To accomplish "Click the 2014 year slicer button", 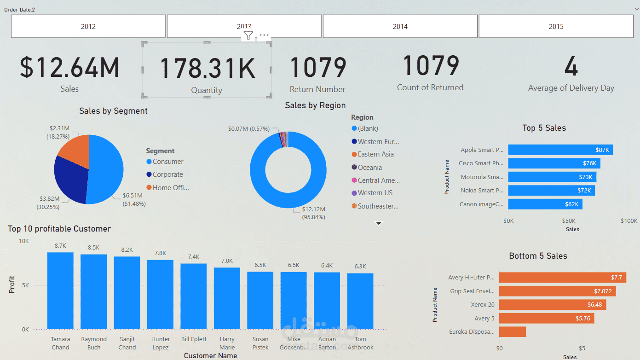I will pyautogui.click(x=400, y=27).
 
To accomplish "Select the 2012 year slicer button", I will pyautogui.click(x=88, y=27).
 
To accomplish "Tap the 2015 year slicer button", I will pyautogui.click(x=556, y=27).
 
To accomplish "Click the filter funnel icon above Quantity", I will pyautogui.click(x=248, y=35).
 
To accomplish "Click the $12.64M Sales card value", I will pyautogui.click(x=69, y=67).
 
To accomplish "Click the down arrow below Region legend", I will pyautogui.click(x=379, y=224).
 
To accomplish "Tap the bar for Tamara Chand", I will pyautogui.click(x=60, y=290).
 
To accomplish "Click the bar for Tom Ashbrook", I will pyautogui.click(x=360, y=301).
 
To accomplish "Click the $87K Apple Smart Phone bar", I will pyautogui.click(x=560, y=150).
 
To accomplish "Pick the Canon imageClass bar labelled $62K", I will pyautogui.click(x=545, y=204).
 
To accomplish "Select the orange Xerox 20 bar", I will pyautogui.click(x=552, y=305).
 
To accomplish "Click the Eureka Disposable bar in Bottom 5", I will pyautogui.click(x=512, y=331).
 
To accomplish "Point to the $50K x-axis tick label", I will pyautogui.click(x=569, y=221).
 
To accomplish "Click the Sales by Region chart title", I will pyautogui.click(x=315, y=105).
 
